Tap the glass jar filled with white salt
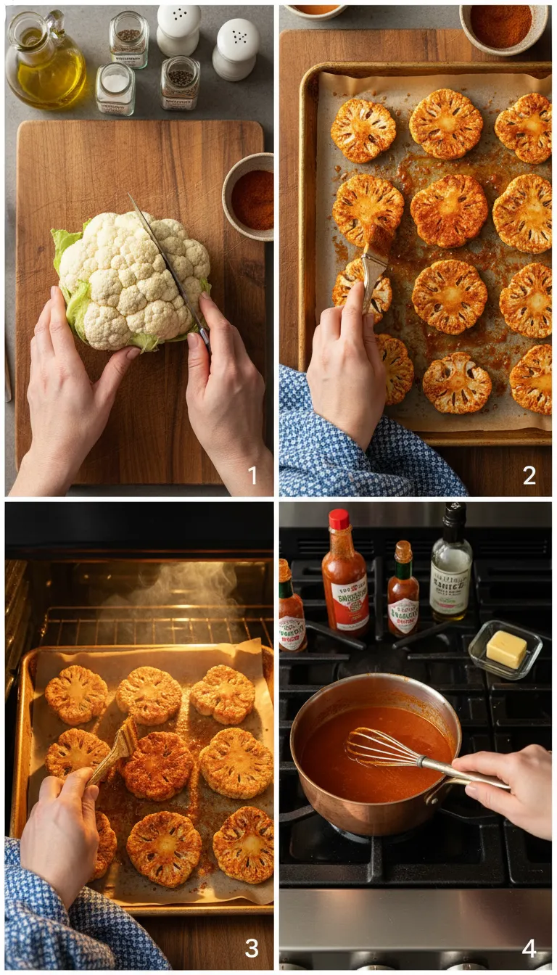pyautogui.click(x=115, y=89)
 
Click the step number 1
pyautogui.click(x=252, y=476)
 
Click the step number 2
pyautogui.click(x=529, y=476)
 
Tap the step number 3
pyautogui.click(x=251, y=947)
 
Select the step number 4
pyautogui.click(x=529, y=947)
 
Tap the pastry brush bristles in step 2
pyautogui.click(x=378, y=239)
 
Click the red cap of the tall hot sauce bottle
pyautogui.click(x=339, y=519)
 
